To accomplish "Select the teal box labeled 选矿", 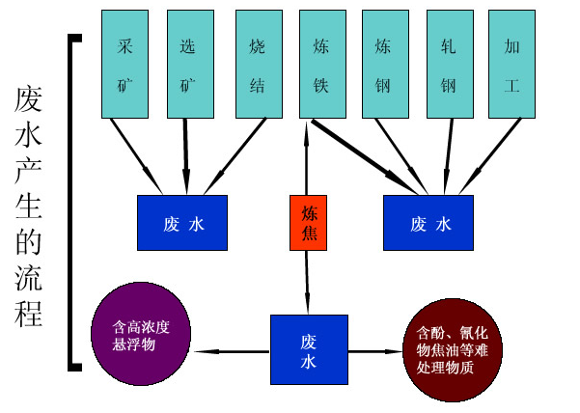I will pyautogui.click(x=190, y=64).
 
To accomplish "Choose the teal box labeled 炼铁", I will pyautogui.click(x=322, y=64).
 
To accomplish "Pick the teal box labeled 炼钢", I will pyautogui.click(x=385, y=64).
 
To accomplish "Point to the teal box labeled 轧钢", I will pyautogui.click(x=449, y=64).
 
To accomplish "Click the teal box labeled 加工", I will pyautogui.click(x=512, y=64).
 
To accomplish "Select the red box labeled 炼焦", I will pyautogui.click(x=308, y=223).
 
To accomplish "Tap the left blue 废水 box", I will pyautogui.click(x=182, y=223).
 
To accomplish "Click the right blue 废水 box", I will pyautogui.click(x=428, y=223).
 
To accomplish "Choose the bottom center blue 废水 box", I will pyautogui.click(x=308, y=350).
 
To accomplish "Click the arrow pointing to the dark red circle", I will pyautogui.click(x=374, y=351).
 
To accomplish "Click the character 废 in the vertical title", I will pyautogui.click(x=29, y=99).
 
